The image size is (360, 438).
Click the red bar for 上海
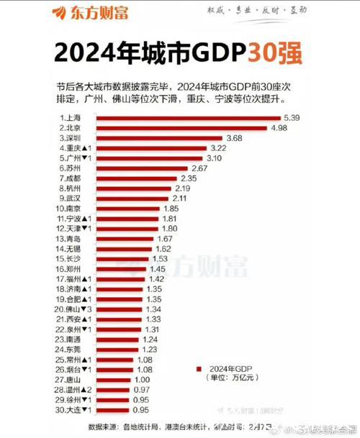[187, 117]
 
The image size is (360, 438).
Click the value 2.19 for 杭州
[183, 188]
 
